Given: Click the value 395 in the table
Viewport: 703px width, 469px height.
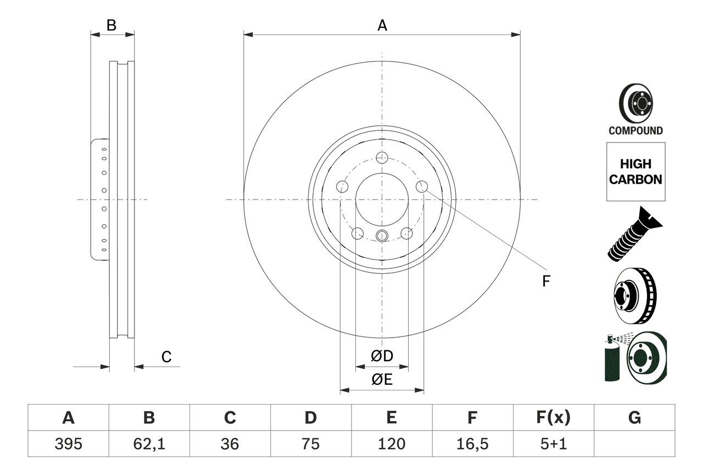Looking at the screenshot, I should [68, 444].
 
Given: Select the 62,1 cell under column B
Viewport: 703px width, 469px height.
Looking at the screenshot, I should [149, 444].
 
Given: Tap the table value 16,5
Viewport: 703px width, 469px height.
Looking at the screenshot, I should [472, 444].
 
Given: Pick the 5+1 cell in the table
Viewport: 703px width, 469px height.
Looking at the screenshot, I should [553, 444].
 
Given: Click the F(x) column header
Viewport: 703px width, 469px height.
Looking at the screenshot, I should [553, 418].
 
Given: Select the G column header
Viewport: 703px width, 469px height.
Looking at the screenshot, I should [634, 418].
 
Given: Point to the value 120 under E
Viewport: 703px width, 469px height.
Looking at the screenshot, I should [391, 444].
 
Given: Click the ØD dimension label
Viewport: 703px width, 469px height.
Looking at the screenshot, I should [382, 356].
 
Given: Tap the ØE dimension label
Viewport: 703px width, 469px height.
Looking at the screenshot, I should [382, 380].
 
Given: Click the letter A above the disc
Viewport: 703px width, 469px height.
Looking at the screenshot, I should [382, 25].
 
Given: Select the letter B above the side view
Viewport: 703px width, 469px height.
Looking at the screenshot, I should [111, 25].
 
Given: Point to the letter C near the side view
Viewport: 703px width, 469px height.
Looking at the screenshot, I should [166, 357].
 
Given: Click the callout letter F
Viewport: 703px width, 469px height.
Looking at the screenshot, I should [545, 282].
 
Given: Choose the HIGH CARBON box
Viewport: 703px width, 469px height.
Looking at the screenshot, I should [635, 172].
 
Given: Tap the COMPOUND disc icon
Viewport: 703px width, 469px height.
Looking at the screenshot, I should [635, 109].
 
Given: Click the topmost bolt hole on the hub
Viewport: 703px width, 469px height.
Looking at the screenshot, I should [382, 157].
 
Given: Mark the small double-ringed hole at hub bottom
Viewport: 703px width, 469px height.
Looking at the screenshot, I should [382, 236].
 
